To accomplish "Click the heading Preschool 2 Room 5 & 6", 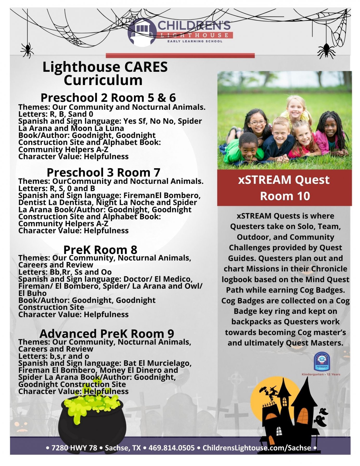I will [108, 98].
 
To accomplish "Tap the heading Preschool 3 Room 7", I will [103, 172].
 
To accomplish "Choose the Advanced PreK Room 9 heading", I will [107, 333].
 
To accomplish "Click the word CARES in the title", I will [146, 67].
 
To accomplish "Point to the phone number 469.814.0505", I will [171, 448].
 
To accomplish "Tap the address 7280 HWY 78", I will [74, 448].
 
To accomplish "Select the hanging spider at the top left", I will [27, 50].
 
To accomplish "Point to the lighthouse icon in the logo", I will [142, 33].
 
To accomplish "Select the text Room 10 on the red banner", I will [285, 196].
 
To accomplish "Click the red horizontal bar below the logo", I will [180, 55].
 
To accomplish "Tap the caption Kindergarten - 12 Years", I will [321, 374].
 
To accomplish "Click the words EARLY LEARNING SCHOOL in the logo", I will [195, 41].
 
